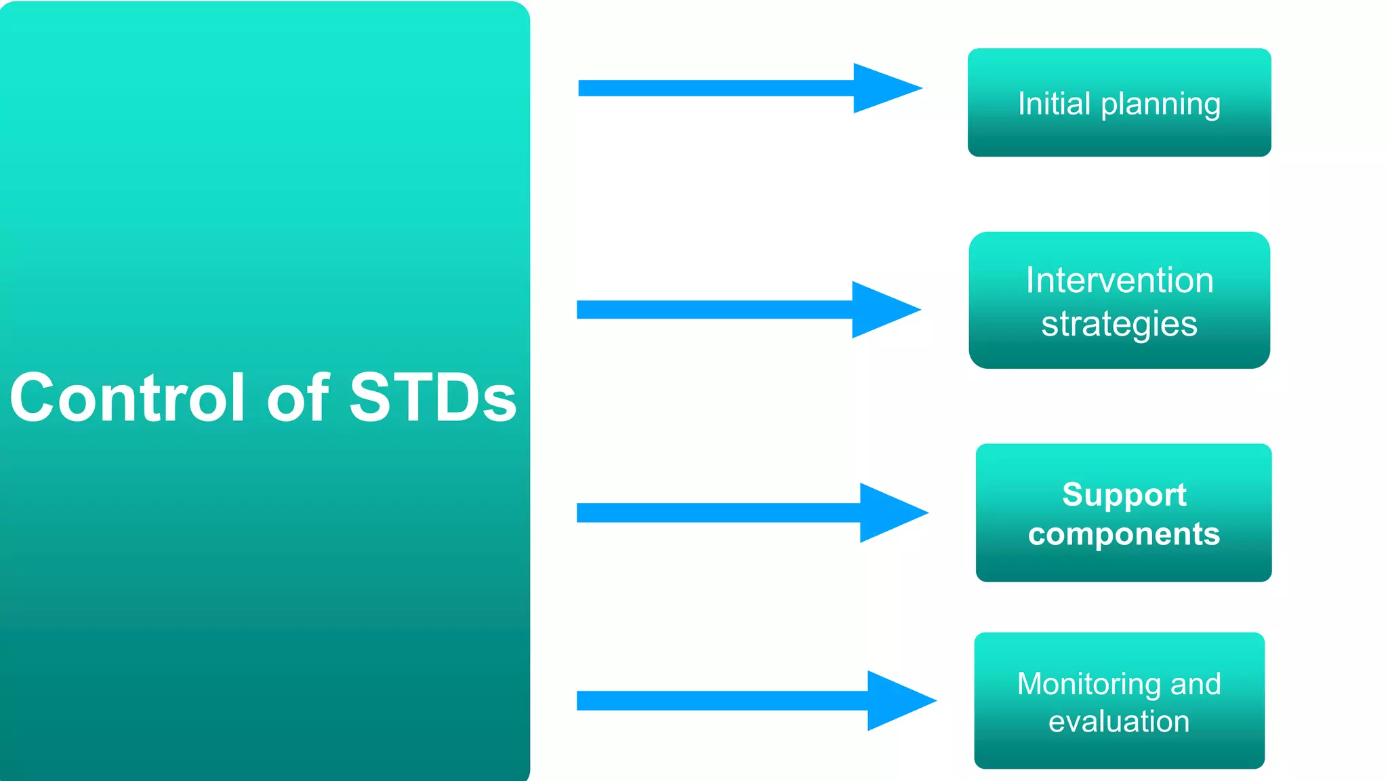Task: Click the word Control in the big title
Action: [127, 398]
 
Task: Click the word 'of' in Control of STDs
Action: [298, 398]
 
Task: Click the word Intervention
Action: [1119, 280]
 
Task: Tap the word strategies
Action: [1119, 324]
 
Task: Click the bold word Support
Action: [1124, 495]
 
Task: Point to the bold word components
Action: [1124, 534]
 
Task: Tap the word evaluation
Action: [1119, 721]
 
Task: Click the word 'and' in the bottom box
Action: [1196, 684]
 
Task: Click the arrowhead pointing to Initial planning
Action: [881, 88]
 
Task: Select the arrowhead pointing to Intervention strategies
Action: [880, 310]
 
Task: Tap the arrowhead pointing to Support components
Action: [888, 513]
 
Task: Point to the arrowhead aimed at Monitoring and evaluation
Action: [895, 700]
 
